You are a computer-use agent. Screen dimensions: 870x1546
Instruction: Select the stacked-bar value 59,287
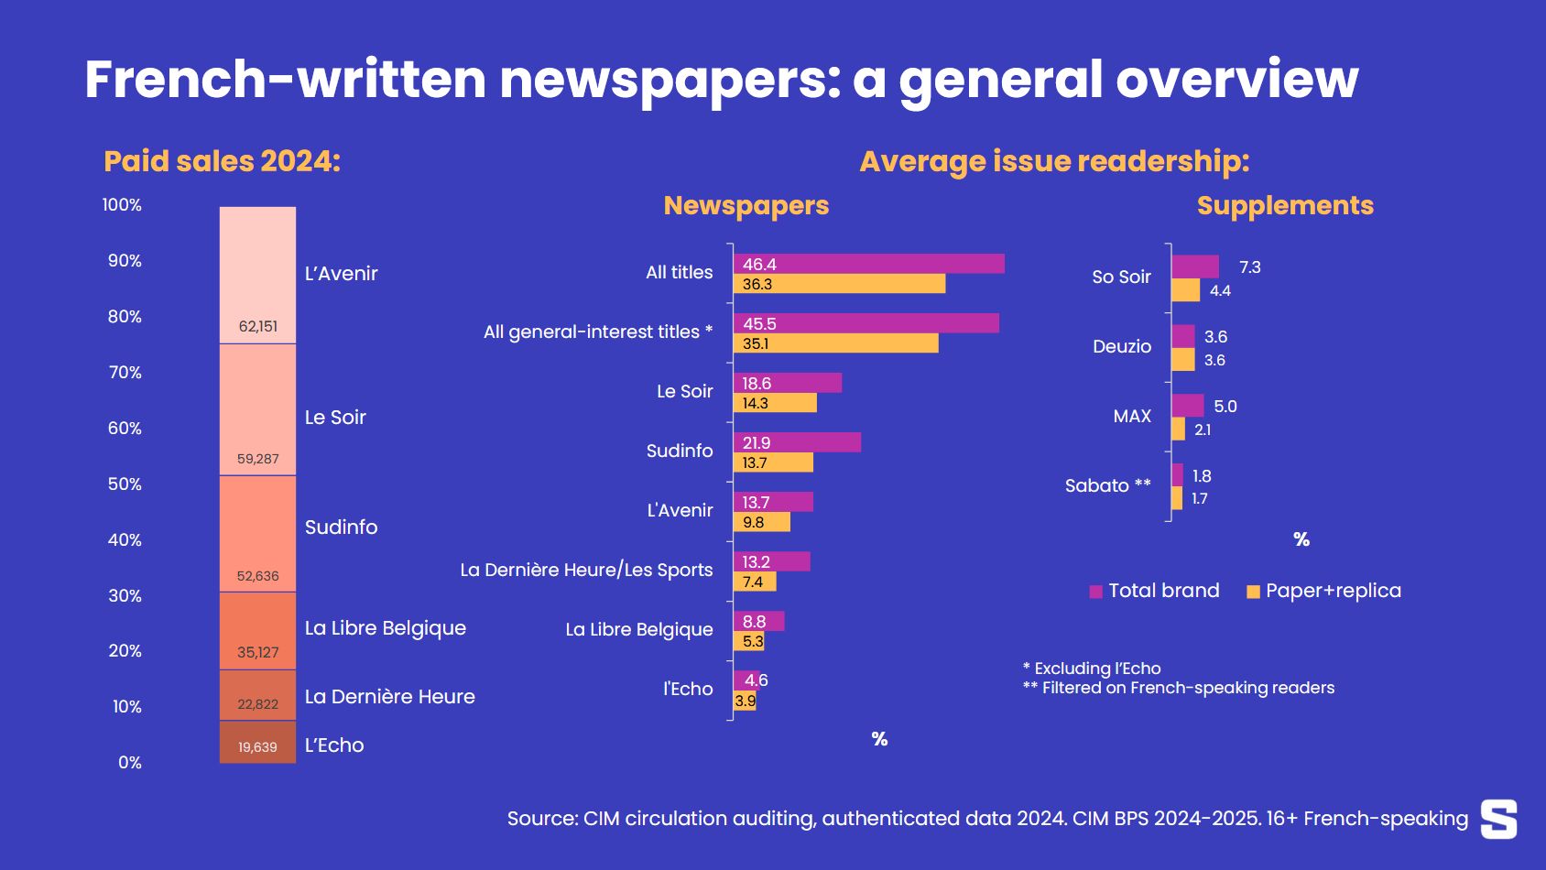tap(257, 459)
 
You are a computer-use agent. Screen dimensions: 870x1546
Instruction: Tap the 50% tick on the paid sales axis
tap(125, 484)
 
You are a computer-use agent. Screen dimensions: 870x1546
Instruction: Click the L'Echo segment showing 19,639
tap(257, 743)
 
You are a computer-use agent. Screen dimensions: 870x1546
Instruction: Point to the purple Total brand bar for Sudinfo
tap(797, 442)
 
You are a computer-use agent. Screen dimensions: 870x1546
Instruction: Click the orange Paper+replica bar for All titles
tap(839, 284)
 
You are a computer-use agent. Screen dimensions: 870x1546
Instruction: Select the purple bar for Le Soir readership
tap(787, 383)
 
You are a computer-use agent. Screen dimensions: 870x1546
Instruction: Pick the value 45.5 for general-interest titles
tap(759, 323)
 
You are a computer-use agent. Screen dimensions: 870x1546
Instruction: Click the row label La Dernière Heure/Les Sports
tap(586, 570)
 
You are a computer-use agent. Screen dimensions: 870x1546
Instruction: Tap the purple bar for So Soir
tap(1195, 266)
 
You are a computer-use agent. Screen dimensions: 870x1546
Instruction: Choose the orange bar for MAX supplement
tap(1179, 430)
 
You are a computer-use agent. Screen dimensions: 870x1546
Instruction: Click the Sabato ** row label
tap(1107, 485)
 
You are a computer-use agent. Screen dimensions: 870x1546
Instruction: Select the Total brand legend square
tap(1095, 592)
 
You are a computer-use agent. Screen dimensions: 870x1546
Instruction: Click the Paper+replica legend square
tap(1253, 592)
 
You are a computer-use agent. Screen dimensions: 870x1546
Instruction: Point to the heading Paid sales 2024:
tap(222, 161)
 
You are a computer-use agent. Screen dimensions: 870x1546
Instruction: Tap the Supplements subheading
tap(1285, 205)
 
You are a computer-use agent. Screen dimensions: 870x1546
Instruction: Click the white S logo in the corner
tap(1498, 818)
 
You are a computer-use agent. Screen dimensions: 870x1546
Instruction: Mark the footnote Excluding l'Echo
tap(1092, 669)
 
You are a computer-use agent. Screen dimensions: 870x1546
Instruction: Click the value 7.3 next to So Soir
tap(1249, 266)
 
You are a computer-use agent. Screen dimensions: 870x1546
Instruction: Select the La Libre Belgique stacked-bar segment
tap(257, 630)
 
